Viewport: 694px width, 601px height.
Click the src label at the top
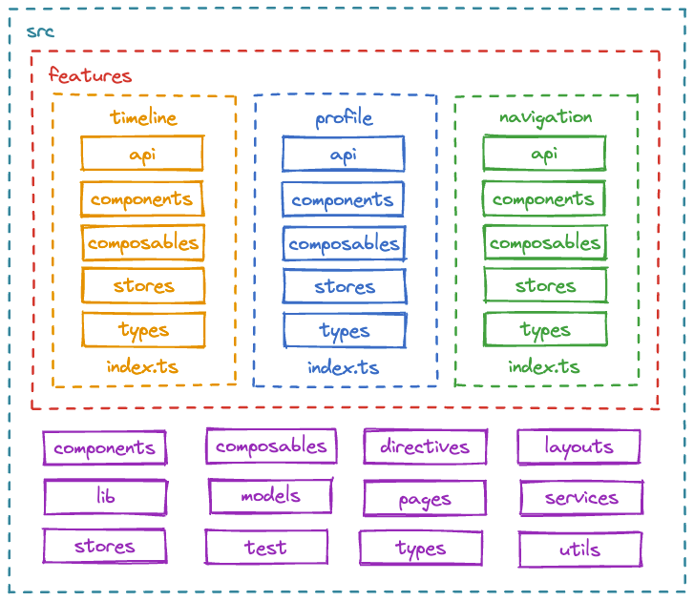pyautogui.click(x=40, y=31)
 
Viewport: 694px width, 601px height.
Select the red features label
pyautogui.click(x=90, y=75)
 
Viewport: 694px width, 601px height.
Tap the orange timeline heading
pyautogui.click(x=143, y=117)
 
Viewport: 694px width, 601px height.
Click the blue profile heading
pyautogui.click(x=344, y=117)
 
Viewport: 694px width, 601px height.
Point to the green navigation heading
pyautogui.click(x=545, y=116)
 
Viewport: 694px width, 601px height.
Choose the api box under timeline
pyautogui.click(x=142, y=154)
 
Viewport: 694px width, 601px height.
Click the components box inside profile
pyautogui.click(x=343, y=199)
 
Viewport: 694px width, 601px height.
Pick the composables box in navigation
pyautogui.click(x=545, y=243)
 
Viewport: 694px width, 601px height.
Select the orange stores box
pyautogui.click(x=143, y=285)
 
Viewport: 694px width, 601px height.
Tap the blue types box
pyautogui.click(x=344, y=330)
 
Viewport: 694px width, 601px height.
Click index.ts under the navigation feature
pyautogui.click(x=543, y=366)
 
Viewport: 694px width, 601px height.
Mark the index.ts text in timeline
pyautogui.click(x=142, y=366)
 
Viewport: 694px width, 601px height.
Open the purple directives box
pyautogui.click(x=425, y=446)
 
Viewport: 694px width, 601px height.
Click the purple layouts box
pyautogui.click(x=578, y=446)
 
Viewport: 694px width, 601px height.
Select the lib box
pyautogui.click(x=105, y=497)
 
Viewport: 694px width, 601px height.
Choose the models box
pyautogui.click(x=270, y=496)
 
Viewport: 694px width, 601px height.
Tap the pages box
pyautogui.click(x=425, y=499)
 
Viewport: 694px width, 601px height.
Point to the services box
pyautogui.click(x=581, y=498)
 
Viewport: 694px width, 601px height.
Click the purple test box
pyautogui.click(x=265, y=547)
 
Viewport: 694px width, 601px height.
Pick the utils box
pyautogui.click(x=579, y=549)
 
